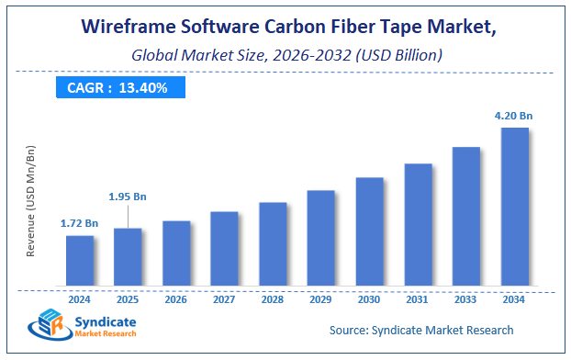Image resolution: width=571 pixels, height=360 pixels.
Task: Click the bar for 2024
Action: pyautogui.click(x=79, y=260)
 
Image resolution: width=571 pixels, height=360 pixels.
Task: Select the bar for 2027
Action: pyautogui.click(x=224, y=248)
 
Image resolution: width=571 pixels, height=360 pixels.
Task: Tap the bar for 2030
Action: pyautogui.click(x=369, y=231)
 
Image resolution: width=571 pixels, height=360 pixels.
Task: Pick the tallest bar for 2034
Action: pyautogui.click(x=514, y=206)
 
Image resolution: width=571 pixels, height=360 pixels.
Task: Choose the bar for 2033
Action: pyautogui.click(x=465, y=216)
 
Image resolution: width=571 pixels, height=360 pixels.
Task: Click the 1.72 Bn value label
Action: pyautogui.click(x=79, y=223)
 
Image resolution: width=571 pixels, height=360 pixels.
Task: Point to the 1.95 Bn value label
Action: pyautogui.click(x=128, y=197)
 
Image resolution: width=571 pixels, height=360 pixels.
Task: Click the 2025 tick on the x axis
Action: pyautogui.click(x=128, y=298)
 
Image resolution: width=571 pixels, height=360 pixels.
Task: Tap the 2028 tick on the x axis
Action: pyautogui.click(x=273, y=298)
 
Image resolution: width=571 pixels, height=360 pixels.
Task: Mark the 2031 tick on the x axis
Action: pyautogui.click(x=418, y=298)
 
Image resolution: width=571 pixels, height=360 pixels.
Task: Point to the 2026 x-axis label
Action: pyautogui.click(x=175, y=298)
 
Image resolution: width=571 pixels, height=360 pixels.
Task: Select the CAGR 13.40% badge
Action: pyautogui.click(x=118, y=88)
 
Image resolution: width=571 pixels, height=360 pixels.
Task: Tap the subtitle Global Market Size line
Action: pyautogui.click(x=286, y=55)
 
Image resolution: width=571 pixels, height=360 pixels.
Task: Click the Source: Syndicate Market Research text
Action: pyautogui.click(x=421, y=330)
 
